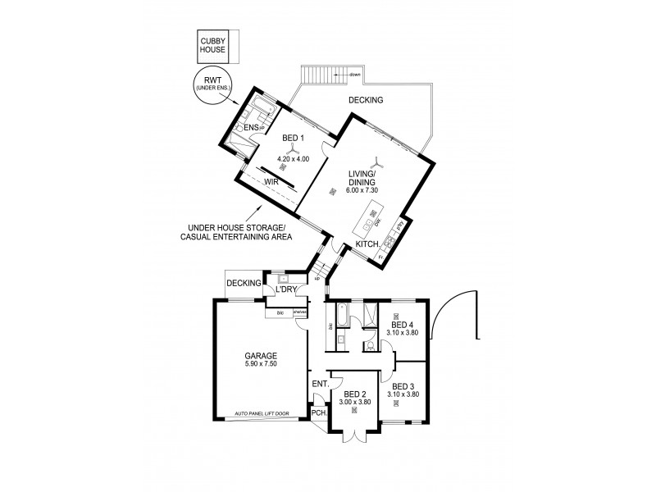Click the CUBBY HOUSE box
(x=215, y=46)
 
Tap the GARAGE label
(x=260, y=356)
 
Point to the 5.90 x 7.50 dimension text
(x=260, y=365)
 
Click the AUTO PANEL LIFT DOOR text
(x=262, y=413)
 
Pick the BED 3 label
(x=404, y=385)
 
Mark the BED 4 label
(x=402, y=323)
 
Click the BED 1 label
(x=293, y=139)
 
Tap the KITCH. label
(x=367, y=245)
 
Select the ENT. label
(x=320, y=383)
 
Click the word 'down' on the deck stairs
(x=354, y=75)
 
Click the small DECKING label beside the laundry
(x=244, y=284)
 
